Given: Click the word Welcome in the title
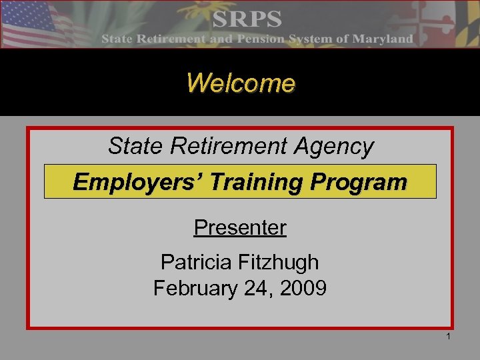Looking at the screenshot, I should coord(240,83).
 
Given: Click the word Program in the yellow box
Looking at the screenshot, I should coord(361,181).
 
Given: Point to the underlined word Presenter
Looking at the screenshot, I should coord(240,228).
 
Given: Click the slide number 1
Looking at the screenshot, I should coord(449,337).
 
